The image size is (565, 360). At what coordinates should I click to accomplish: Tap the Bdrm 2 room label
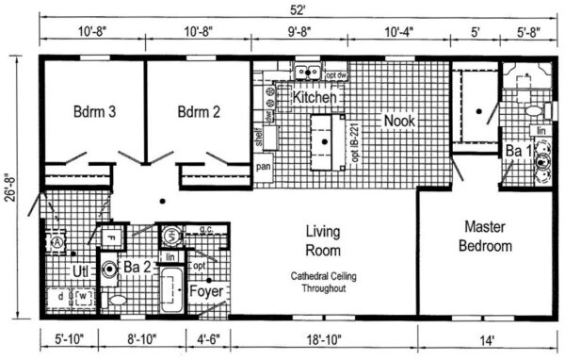(198, 112)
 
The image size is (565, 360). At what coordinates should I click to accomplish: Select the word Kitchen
(315, 97)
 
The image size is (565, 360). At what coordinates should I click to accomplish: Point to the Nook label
(398, 122)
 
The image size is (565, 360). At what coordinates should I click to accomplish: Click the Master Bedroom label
(485, 237)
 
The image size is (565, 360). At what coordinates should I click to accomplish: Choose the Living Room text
(324, 240)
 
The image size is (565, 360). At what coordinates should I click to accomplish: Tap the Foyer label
(207, 291)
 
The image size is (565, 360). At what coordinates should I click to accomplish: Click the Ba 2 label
(137, 269)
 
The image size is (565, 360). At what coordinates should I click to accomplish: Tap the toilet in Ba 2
(117, 300)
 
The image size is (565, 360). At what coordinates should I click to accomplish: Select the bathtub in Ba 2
(170, 291)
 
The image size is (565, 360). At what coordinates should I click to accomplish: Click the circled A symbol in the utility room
(57, 241)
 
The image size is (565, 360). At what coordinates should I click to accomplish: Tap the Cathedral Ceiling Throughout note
(324, 281)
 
